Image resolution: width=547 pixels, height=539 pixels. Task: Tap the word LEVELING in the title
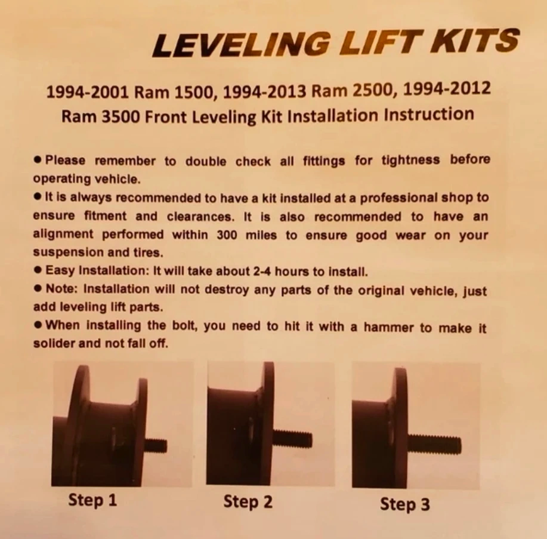(x=242, y=44)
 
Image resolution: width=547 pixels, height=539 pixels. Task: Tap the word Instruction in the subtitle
(x=428, y=115)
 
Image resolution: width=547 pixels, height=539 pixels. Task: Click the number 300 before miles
(x=227, y=235)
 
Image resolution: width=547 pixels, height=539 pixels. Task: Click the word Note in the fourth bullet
(x=59, y=289)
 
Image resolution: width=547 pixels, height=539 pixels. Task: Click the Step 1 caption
(x=92, y=500)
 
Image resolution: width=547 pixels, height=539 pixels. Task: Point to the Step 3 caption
(x=404, y=504)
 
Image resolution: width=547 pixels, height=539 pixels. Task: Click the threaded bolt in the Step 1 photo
(x=156, y=446)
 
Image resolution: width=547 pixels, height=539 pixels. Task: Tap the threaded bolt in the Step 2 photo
(x=293, y=439)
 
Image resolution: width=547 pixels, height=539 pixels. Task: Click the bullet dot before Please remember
(x=38, y=160)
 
